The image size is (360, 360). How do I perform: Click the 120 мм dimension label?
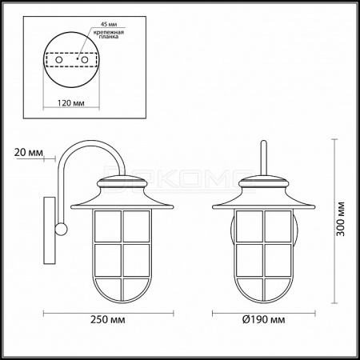coord(71,102)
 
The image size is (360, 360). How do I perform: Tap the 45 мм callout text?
coord(109,24)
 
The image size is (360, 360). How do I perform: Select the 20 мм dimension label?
coord(28,153)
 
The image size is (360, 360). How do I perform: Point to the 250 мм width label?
coord(108,319)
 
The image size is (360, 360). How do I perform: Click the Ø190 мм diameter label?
coord(263,319)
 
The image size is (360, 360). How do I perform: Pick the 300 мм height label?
coord(340,219)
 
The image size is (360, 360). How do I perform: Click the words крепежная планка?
coord(109,34)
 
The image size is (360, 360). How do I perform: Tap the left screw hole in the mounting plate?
coord(58,60)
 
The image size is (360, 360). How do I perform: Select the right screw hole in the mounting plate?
coord(85,60)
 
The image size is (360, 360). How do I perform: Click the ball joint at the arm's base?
coord(61,229)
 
